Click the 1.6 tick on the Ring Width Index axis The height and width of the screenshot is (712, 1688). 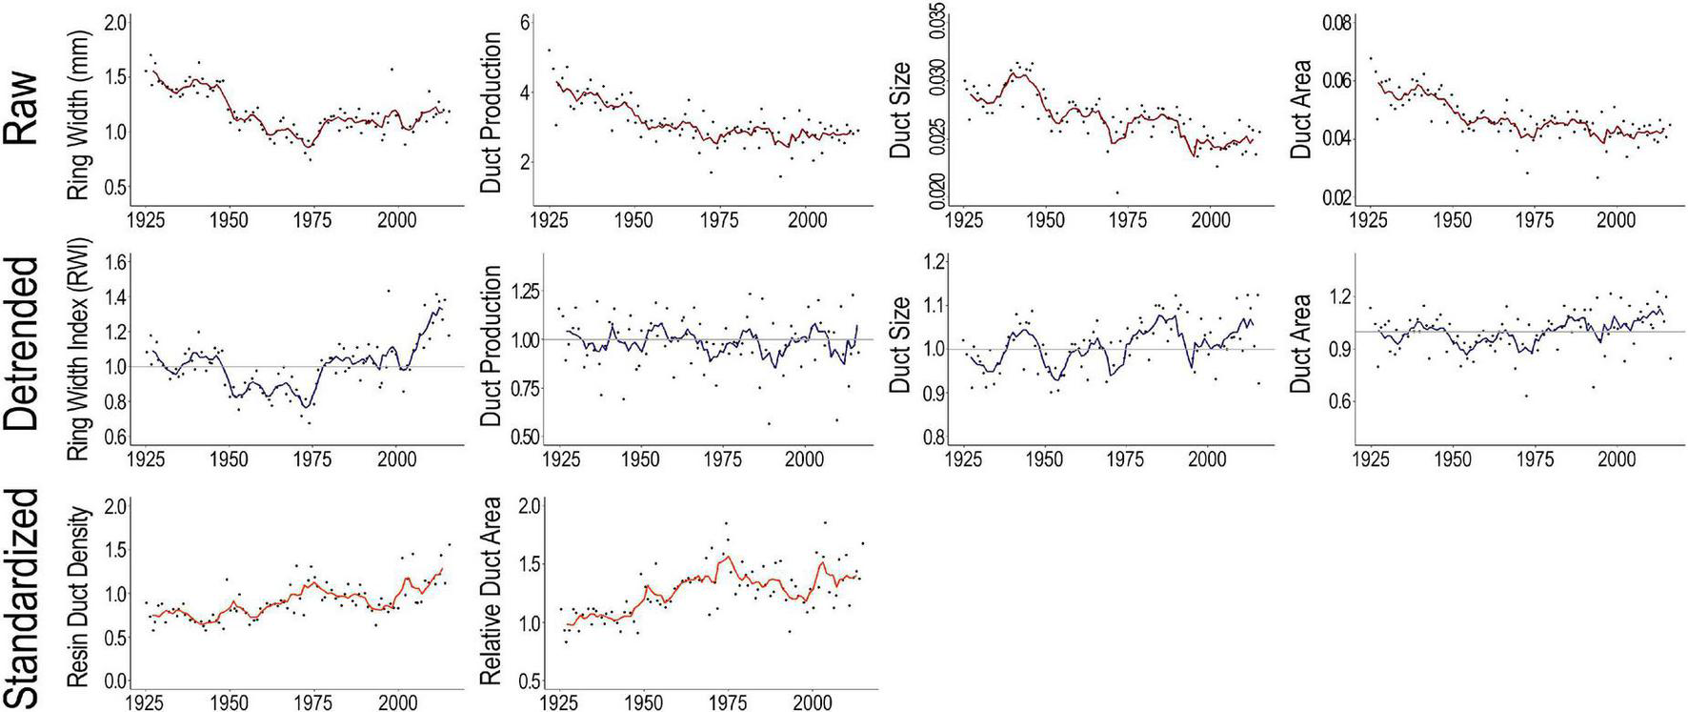point(114,263)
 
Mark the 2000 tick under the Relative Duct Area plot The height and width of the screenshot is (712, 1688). point(812,703)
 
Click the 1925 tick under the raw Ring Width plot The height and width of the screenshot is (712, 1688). point(147,220)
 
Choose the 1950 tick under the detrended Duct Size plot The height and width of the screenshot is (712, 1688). point(1046,459)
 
